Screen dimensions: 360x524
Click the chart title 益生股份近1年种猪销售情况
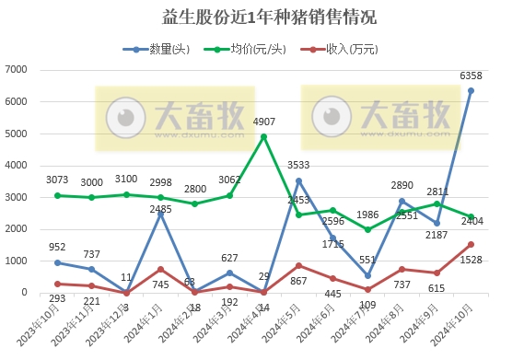click(x=261, y=17)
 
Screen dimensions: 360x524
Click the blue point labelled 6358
click(x=472, y=90)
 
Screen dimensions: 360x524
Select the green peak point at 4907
click(x=264, y=136)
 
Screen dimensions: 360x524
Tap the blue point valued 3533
click(x=298, y=180)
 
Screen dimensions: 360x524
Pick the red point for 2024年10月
click(x=472, y=244)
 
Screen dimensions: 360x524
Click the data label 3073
click(x=57, y=179)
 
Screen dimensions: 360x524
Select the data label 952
click(x=57, y=247)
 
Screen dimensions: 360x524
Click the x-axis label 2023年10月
click(x=41, y=327)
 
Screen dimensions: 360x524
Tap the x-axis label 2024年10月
click(x=456, y=327)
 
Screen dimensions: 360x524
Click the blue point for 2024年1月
click(x=160, y=214)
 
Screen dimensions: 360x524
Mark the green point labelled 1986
click(x=367, y=229)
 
